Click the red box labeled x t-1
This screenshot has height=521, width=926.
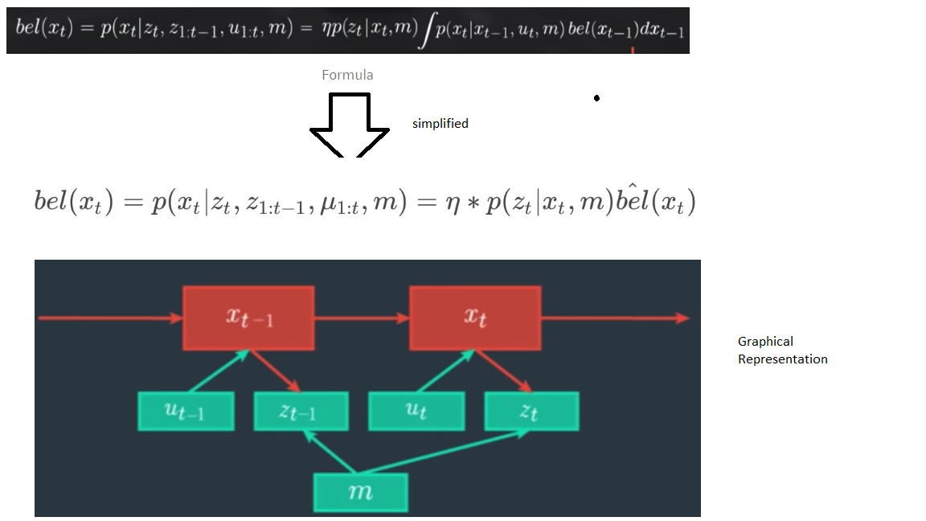click(248, 318)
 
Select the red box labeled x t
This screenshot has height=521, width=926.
click(475, 318)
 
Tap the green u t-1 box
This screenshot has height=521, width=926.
click(186, 411)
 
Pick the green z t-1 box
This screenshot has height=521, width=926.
click(301, 411)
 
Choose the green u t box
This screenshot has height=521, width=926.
click(416, 411)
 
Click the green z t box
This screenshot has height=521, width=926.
click(531, 411)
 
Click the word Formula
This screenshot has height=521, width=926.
click(347, 75)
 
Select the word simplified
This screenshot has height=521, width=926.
click(440, 124)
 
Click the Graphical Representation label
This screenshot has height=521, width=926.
click(782, 350)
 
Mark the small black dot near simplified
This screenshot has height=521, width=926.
click(596, 98)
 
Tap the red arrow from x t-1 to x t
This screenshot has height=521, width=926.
click(362, 318)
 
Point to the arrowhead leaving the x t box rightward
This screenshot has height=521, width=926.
click(682, 318)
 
